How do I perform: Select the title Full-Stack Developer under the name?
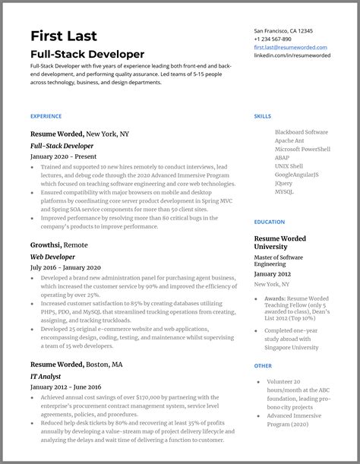click(x=87, y=55)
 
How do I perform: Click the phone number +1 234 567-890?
click(x=272, y=39)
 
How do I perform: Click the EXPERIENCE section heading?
click(x=46, y=116)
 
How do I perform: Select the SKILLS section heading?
click(x=262, y=116)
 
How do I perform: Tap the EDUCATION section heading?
click(x=270, y=222)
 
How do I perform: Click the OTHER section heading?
click(x=263, y=366)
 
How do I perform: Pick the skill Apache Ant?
click(x=290, y=140)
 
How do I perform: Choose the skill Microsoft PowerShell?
click(x=302, y=150)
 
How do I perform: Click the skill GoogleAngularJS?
click(x=296, y=175)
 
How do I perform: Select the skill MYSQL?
click(x=284, y=191)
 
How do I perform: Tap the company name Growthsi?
click(x=46, y=245)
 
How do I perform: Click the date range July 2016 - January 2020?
click(x=65, y=267)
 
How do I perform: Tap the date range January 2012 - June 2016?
click(x=65, y=387)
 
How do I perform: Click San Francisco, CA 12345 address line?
click(x=283, y=30)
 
